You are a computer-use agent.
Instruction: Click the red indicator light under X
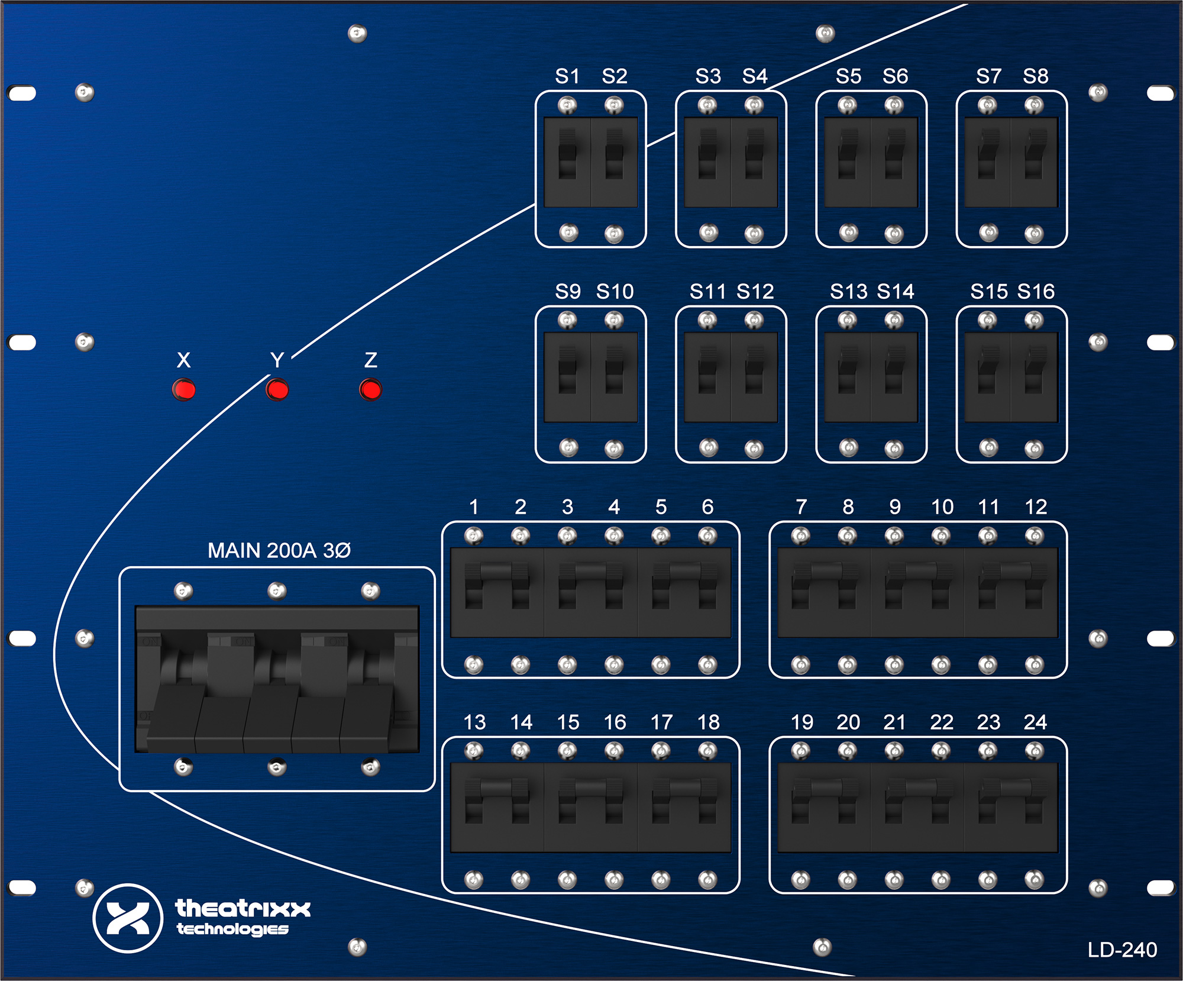tap(183, 390)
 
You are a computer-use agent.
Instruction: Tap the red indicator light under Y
tap(277, 390)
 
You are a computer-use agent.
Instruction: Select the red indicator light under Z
tap(370, 390)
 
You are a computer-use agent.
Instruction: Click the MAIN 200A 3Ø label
tap(279, 550)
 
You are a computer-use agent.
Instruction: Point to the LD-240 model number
tap(1122, 950)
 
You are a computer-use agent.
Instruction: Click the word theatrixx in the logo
tap(243, 908)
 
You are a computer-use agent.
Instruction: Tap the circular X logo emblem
tap(128, 918)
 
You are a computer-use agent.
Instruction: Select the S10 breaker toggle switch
tap(614, 370)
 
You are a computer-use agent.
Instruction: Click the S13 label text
tap(848, 291)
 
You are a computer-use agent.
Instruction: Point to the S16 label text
tap(1036, 291)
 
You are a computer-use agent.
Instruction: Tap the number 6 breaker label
tap(707, 506)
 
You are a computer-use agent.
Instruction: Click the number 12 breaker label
tap(1036, 506)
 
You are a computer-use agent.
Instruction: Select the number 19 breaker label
tap(801, 722)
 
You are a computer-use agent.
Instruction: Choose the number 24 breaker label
tap(1035, 722)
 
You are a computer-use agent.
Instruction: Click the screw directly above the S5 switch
tap(847, 106)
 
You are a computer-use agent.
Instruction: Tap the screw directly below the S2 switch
tap(614, 234)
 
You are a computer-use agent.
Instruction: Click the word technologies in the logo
tap(232, 929)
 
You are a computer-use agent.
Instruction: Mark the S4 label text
tap(755, 76)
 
